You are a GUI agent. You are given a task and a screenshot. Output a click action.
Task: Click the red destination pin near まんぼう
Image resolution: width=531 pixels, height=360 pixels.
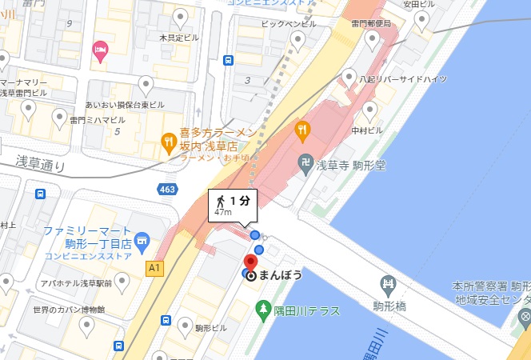click(250, 263)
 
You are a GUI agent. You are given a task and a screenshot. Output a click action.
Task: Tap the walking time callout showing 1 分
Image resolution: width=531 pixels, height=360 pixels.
click(230, 205)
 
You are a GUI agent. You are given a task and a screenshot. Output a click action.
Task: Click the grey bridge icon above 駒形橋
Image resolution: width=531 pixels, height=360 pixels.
click(389, 282)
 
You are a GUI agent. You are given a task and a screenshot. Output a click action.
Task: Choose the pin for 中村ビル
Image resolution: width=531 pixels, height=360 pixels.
click(369, 110)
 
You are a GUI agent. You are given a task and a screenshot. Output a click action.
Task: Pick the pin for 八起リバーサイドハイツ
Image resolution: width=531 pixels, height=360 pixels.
click(349, 77)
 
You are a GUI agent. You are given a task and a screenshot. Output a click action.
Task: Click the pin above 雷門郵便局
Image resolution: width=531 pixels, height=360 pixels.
click(373, 38)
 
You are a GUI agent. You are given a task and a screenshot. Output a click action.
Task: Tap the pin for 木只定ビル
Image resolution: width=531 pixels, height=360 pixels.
click(182, 17)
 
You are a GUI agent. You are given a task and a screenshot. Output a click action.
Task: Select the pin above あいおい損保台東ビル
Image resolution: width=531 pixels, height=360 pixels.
click(146, 83)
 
